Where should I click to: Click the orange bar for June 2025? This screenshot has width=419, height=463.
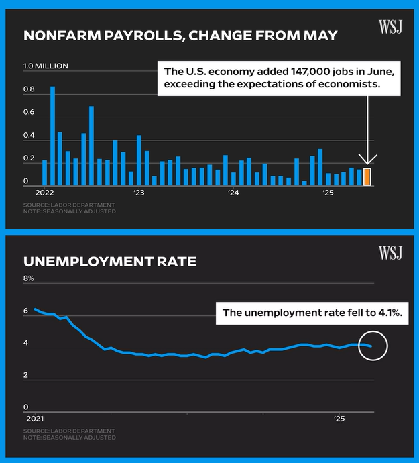point(367,176)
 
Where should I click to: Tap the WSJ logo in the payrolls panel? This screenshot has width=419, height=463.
point(390,27)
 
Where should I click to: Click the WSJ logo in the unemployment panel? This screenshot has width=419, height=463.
point(390,253)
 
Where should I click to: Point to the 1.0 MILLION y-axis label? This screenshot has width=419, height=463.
point(46,66)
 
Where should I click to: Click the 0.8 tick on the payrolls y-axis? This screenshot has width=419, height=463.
point(29,89)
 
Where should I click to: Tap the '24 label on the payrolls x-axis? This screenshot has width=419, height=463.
point(234,193)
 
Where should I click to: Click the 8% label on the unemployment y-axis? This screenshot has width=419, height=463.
point(28,278)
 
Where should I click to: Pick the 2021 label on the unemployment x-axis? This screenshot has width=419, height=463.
point(34,419)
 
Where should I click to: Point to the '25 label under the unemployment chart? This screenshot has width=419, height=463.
point(340,419)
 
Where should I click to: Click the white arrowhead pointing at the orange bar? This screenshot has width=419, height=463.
point(367,159)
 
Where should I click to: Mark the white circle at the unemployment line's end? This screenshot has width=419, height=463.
point(373,346)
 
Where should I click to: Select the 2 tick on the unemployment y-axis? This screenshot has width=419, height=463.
point(26,375)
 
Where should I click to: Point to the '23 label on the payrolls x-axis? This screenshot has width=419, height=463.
point(139,193)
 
